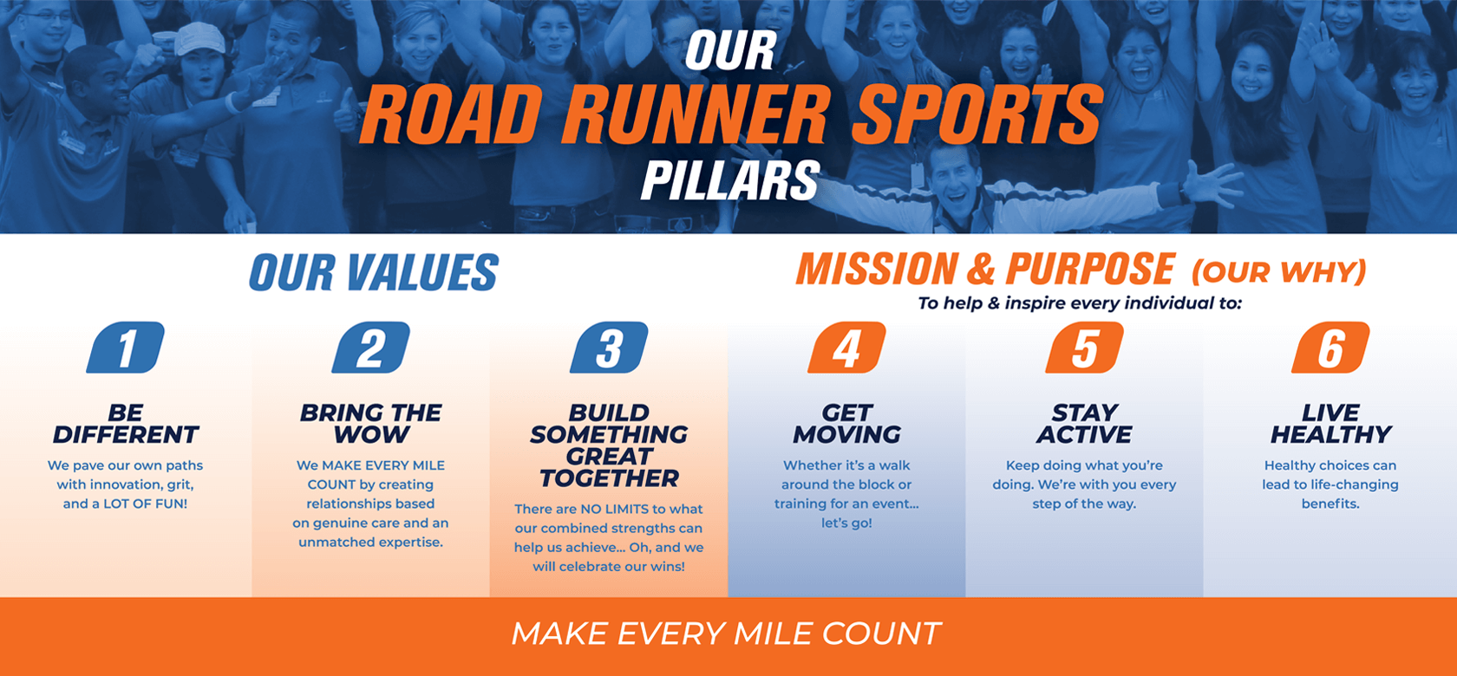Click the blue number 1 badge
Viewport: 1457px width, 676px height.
pyautogui.click(x=126, y=347)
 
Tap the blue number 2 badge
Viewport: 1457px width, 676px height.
pyautogui.click(x=371, y=347)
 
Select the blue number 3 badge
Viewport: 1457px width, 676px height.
pyautogui.click(x=609, y=347)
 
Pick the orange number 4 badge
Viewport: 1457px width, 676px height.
pyautogui.click(x=846, y=347)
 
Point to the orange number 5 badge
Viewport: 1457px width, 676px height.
pyautogui.click(x=1084, y=347)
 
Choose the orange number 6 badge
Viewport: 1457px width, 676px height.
pyautogui.click(x=1330, y=347)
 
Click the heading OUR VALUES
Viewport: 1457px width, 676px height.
pyautogui.click(x=373, y=272)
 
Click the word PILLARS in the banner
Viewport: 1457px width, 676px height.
pyautogui.click(x=730, y=180)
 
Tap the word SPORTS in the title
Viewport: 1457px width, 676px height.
pyautogui.click(x=977, y=114)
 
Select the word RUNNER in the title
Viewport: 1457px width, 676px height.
pyautogui.click(x=696, y=114)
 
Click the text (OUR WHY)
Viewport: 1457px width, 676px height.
pyautogui.click(x=1278, y=272)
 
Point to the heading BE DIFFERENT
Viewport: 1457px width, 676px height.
pyautogui.click(x=126, y=424)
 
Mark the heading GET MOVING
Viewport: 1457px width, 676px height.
pyautogui.click(x=846, y=424)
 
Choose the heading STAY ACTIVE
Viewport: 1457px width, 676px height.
pyautogui.click(x=1084, y=424)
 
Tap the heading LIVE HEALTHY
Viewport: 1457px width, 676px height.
pyautogui.click(x=1330, y=424)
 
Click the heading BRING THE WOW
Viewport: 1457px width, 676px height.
pyautogui.click(x=371, y=424)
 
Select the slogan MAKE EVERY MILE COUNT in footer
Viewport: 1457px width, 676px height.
pyautogui.click(x=727, y=634)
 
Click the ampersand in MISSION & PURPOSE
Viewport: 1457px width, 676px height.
pyautogui.click(x=981, y=270)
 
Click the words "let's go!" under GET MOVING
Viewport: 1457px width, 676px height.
pyautogui.click(x=846, y=523)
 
